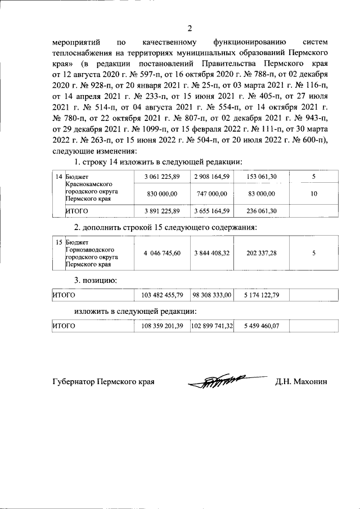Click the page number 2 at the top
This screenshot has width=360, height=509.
(x=190, y=28)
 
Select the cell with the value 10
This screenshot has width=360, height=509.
(x=314, y=194)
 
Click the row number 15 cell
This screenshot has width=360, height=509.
(x=58, y=242)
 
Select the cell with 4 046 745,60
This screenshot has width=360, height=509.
(x=162, y=253)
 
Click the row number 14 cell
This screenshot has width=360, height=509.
(x=58, y=177)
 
